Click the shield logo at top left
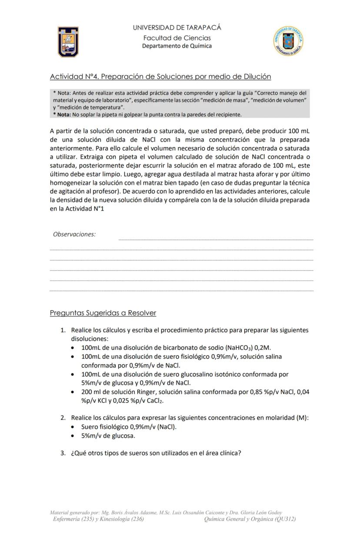pos(68,42)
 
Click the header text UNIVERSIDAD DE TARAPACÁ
pos(177,28)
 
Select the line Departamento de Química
pos(177,46)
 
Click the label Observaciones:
pos(74,234)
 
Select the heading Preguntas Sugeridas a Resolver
pos(103,313)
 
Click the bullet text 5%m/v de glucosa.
pos(108,436)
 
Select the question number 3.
pos(63,453)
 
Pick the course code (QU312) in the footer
pos(285,519)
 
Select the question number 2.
pos(63,418)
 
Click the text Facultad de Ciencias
pos(177,38)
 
